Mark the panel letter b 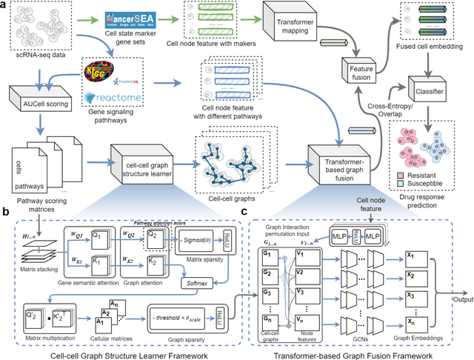click(x=5, y=212)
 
